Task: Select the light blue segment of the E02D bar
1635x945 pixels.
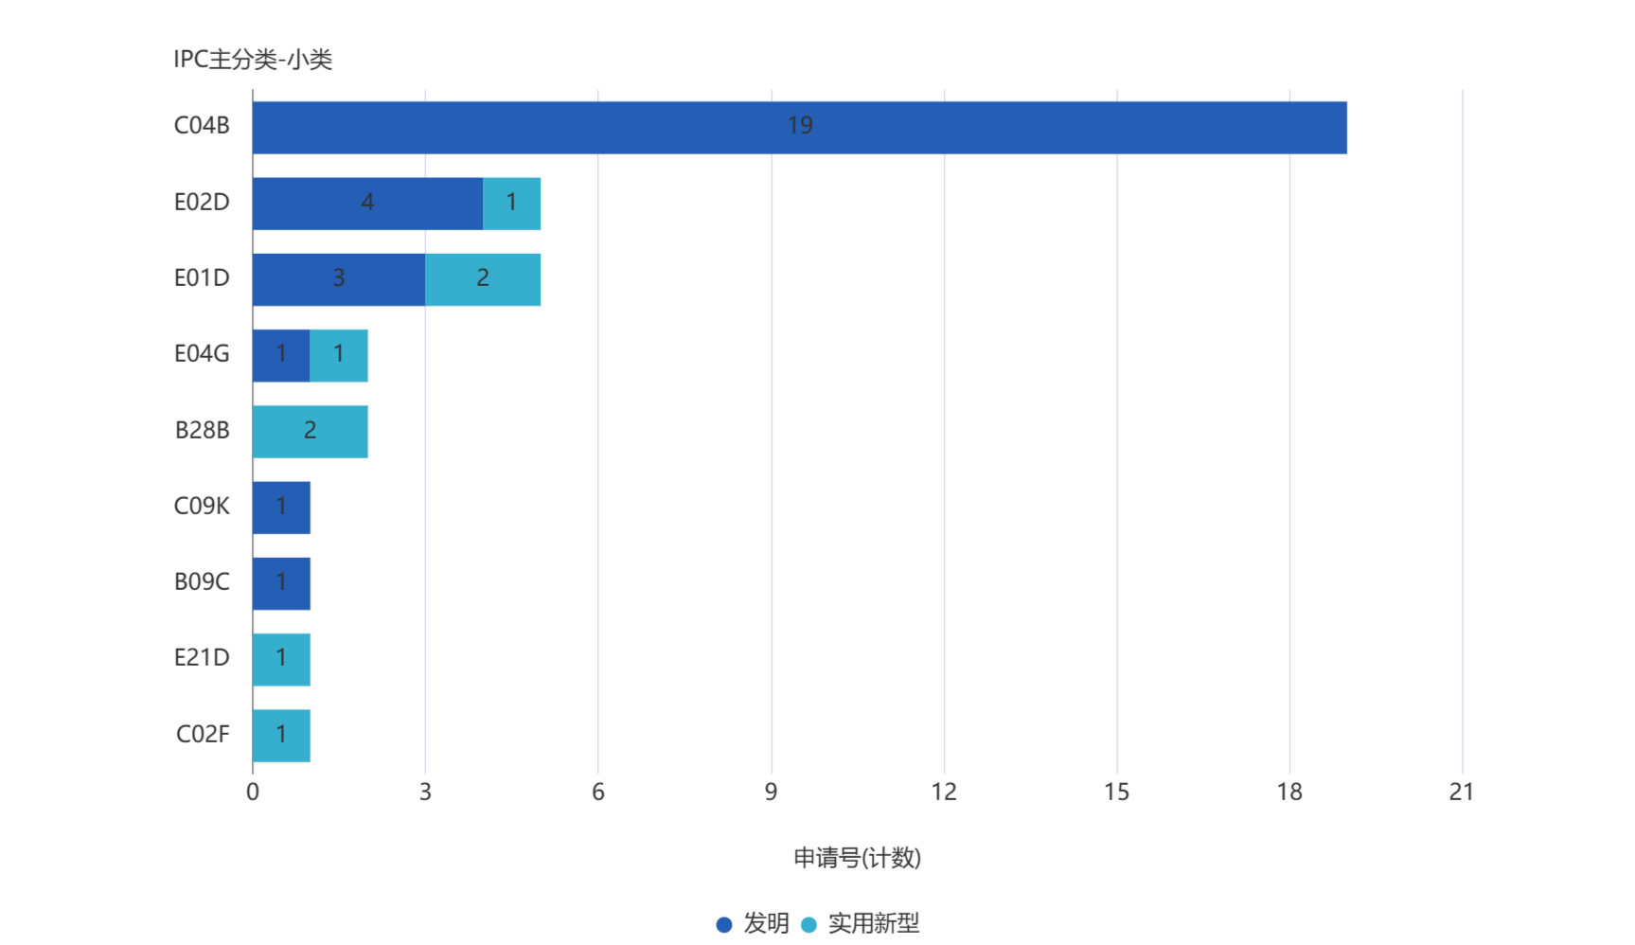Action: pyautogui.click(x=512, y=203)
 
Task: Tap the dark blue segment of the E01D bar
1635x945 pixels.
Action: pyautogui.click(x=338, y=279)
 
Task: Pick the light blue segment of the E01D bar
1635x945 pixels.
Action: pyautogui.click(x=483, y=279)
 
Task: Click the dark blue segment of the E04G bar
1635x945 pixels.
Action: pyautogui.click(x=281, y=355)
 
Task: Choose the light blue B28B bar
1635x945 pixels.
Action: pyautogui.click(x=311, y=431)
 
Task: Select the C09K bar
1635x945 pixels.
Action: pyautogui.click(x=281, y=507)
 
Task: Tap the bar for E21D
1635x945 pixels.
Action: pyautogui.click(x=281, y=658)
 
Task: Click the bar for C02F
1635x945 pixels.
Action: pyautogui.click(x=281, y=735)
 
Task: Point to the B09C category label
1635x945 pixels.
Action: pyautogui.click(x=202, y=581)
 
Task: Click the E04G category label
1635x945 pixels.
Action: pyautogui.click(x=202, y=353)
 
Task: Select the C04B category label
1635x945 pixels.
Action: pyautogui.click(x=202, y=125)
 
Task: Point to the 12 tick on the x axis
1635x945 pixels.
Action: pyautogui.click(x=944, y=792)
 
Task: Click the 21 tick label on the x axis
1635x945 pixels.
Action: pyautogui.click(x=1461, y=792)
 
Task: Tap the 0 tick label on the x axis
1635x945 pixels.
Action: pyautogui.click(x=253, y=792)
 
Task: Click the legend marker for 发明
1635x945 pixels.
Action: pyautogui.click(x=724, y=924)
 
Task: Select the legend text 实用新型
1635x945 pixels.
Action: pyautogui.click(x=873, y=923)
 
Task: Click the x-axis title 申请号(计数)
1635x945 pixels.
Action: pyautogui.click(x=857, y=858)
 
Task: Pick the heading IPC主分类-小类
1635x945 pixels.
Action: pyautogui.click(x=253, y=60)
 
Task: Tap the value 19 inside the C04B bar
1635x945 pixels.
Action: pyautogui.click(x=800, y=125)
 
